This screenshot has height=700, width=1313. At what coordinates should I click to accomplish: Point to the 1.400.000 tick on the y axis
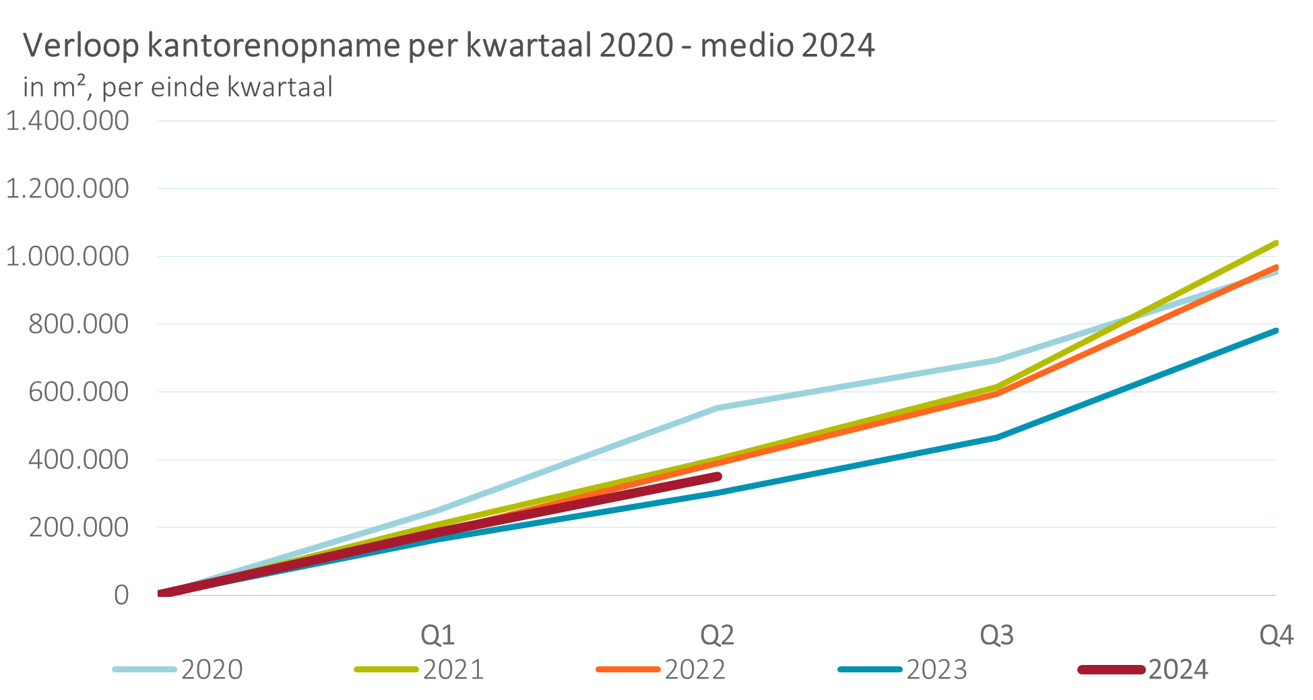tap(67, 121)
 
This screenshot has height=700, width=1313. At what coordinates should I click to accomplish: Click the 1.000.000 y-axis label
tap(67, 257)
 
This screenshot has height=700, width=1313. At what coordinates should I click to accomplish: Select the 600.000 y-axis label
tap(78, 392)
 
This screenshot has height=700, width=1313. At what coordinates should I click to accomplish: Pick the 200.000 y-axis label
tap(78, 528)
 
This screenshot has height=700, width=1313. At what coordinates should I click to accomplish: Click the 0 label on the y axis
tap(121, 595)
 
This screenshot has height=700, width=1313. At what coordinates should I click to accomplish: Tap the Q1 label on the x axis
tap(438, 635)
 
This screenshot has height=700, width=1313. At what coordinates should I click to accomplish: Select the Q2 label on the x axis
tap(717, 635)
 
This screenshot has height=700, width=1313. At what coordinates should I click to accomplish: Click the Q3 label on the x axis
tap(997, 635)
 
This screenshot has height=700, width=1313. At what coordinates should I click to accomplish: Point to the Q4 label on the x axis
tap(1277, 635)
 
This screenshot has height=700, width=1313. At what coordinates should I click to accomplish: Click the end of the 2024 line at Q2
tap(718, 476)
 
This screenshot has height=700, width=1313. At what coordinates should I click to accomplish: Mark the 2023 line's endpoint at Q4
tap(1275, 330)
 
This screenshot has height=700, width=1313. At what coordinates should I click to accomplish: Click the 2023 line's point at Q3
tap(997, 437)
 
